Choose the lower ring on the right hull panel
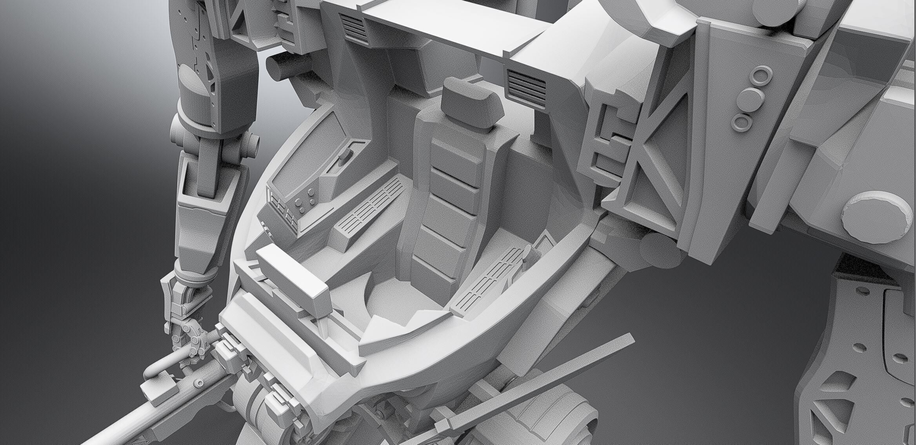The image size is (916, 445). coord(742,122)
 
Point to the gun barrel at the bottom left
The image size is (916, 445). coord(118,427)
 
